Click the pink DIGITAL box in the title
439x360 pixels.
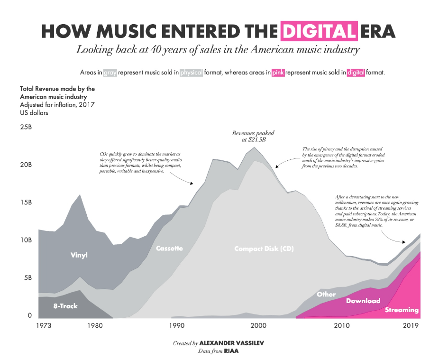tap(318, 31)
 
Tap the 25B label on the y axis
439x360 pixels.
tap(26, 128)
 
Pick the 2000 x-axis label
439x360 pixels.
tap(258, 326)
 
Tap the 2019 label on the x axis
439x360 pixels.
tap(410, 326)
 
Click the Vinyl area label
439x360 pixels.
tap(79, 255)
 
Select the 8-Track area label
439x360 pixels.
tap(65, 306)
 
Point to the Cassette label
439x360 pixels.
tap(169, 248)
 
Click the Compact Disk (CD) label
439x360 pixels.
tap(264, 248)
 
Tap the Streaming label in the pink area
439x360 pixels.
tap(402, 310)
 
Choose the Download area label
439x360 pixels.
tap(363, 301)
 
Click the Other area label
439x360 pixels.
tap(326, 294)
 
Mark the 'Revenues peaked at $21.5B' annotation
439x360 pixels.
tap(253, 137)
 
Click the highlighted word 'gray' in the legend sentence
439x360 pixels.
tap(110, 73)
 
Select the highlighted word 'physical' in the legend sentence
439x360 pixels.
tap(192, 73)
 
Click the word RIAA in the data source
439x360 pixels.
tap(231, 351)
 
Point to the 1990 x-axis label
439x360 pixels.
tap(176, 326)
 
